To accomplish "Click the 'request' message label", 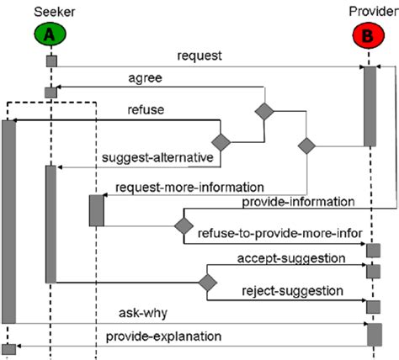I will [200, 56].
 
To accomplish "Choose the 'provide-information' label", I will [297, 203].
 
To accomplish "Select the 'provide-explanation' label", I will [164, 336].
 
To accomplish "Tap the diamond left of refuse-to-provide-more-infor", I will [183, 225].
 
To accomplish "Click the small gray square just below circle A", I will [51, 61].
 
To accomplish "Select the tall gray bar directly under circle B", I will [370, 106].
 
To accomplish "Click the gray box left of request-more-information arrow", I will [96, 209].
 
